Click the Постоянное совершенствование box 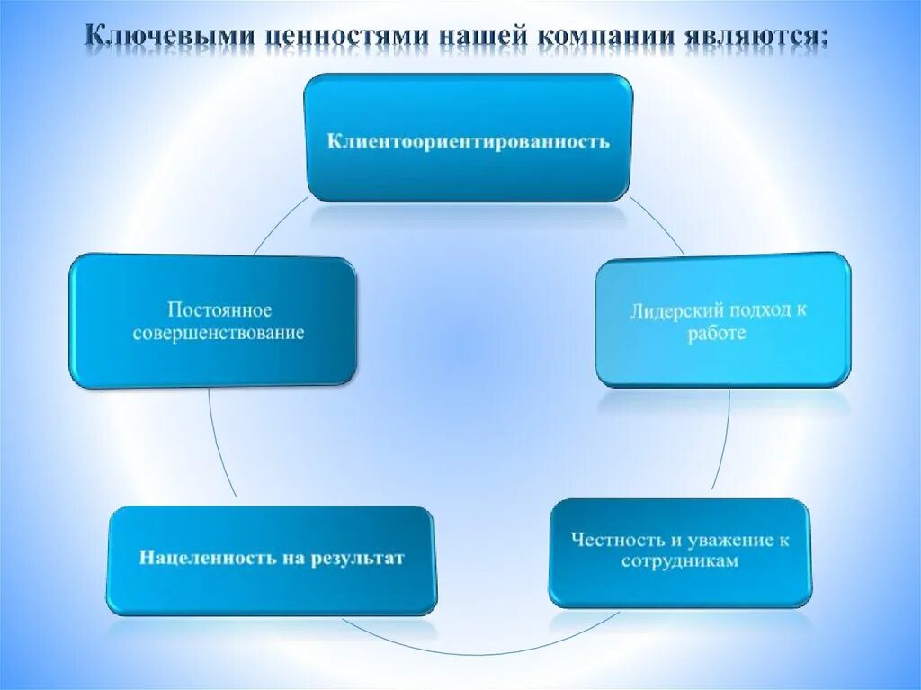click(x=212, y=321)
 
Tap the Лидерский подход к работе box click(x=723, y=320)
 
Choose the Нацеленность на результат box click(x=272, y=560)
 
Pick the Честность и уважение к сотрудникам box click(x=680, y=551)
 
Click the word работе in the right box click(x=720, y=333)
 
